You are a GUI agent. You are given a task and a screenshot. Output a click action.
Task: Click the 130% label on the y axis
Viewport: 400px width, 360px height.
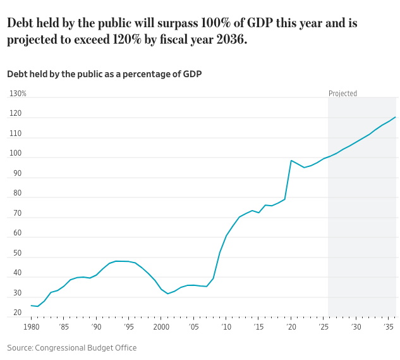[x=18, y=94]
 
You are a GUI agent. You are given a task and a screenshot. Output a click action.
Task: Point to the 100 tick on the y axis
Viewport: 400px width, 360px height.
[x=16, y=154]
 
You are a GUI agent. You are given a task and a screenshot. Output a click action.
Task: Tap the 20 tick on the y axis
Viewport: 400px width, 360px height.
[x=15, y=313]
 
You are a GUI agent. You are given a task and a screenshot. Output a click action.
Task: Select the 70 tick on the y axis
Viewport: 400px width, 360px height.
[x=15, y=213]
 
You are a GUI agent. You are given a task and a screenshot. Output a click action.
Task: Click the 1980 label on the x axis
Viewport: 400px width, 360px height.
[x=31, y=326]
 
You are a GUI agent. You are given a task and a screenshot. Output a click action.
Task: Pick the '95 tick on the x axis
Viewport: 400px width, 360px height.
[x=128, y=326]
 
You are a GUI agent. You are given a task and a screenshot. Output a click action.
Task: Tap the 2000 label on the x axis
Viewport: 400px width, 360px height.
[x=161, y=326]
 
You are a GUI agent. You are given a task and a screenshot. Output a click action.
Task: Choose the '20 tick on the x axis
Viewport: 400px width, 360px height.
[x=291, y=326]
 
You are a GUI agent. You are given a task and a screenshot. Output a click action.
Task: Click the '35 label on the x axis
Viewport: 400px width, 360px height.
[x=389, y=326]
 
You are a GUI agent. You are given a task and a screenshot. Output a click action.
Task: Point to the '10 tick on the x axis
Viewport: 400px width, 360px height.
[x=226, y=326]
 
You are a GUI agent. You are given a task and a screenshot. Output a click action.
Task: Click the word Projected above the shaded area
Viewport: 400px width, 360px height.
[x=342, y=94]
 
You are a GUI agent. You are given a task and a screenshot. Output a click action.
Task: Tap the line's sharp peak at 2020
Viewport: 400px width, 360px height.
[x=291, y=161]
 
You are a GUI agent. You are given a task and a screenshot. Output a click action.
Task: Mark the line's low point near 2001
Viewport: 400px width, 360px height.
[x=167, y=294]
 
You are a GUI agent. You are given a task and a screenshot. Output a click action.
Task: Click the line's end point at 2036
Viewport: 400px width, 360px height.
[x=396, y=117]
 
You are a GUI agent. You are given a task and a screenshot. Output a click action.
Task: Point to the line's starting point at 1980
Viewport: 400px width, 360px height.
[x=31, y=306]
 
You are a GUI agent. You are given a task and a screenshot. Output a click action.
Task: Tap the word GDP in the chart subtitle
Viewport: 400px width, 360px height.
[x=192, y=74]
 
